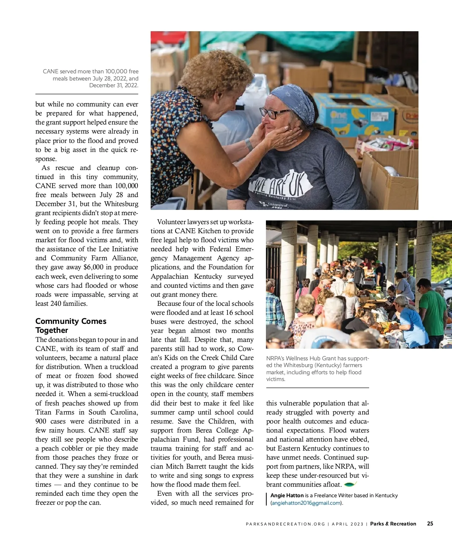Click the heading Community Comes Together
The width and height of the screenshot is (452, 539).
click(x=71, y=326)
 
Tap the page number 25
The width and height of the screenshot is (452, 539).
click(x=430, y=524)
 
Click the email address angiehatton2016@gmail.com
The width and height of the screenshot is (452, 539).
click(x=306, y=503)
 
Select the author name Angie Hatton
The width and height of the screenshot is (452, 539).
click(x=287, y=495)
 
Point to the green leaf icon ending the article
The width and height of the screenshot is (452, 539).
click(x=350, y=484)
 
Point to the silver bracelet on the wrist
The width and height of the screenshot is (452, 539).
click(x=249, y=144)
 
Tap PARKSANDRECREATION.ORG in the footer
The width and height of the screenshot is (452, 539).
click(x=285, y=524)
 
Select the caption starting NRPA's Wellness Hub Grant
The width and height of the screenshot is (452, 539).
click(x=317, y=369)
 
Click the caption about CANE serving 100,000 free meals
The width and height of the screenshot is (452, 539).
click(x=91, y=78)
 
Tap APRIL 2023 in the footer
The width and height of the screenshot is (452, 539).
click(x=348, y=524)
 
